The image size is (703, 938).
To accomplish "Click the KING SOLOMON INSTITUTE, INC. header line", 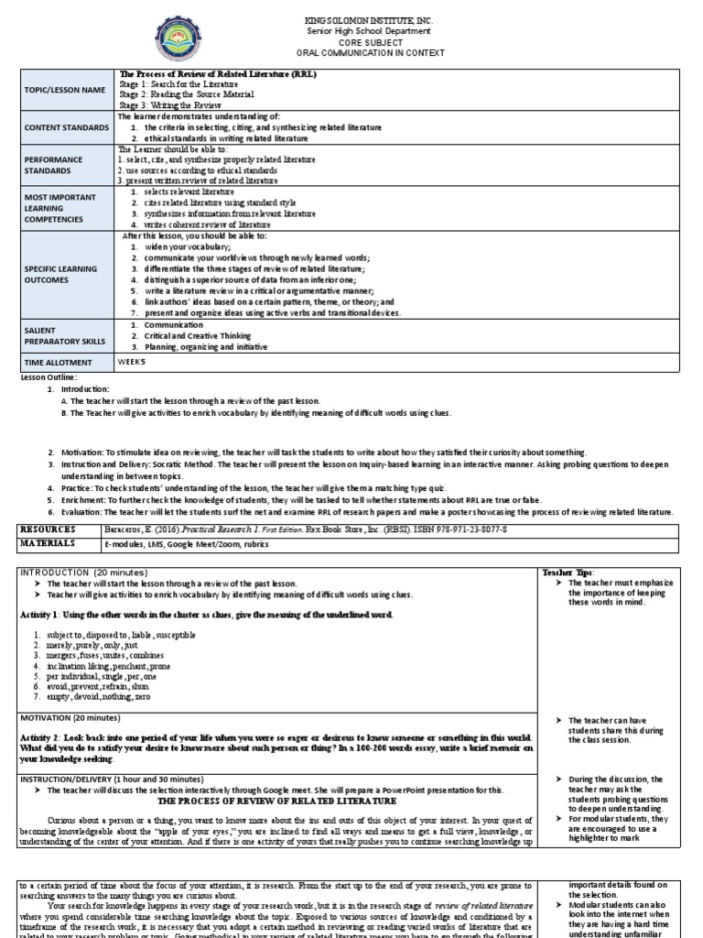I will point(352,20).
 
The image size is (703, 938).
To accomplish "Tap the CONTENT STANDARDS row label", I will point(66,128).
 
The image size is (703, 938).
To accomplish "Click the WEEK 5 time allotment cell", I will point(132,362).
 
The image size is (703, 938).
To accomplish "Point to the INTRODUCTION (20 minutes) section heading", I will point(77,571).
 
